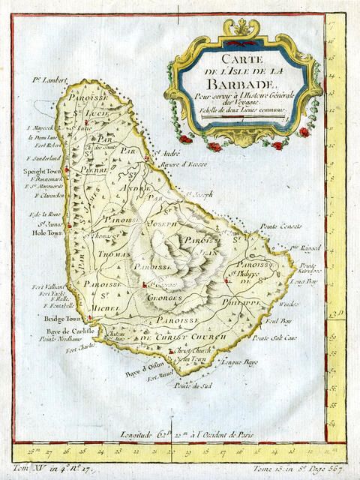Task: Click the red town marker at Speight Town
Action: click(x=67, y=170)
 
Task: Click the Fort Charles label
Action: click(x=80, y=348)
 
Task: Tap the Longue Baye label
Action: click(x=241, y=361)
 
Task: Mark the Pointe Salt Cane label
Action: click(x=271, y=339)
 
